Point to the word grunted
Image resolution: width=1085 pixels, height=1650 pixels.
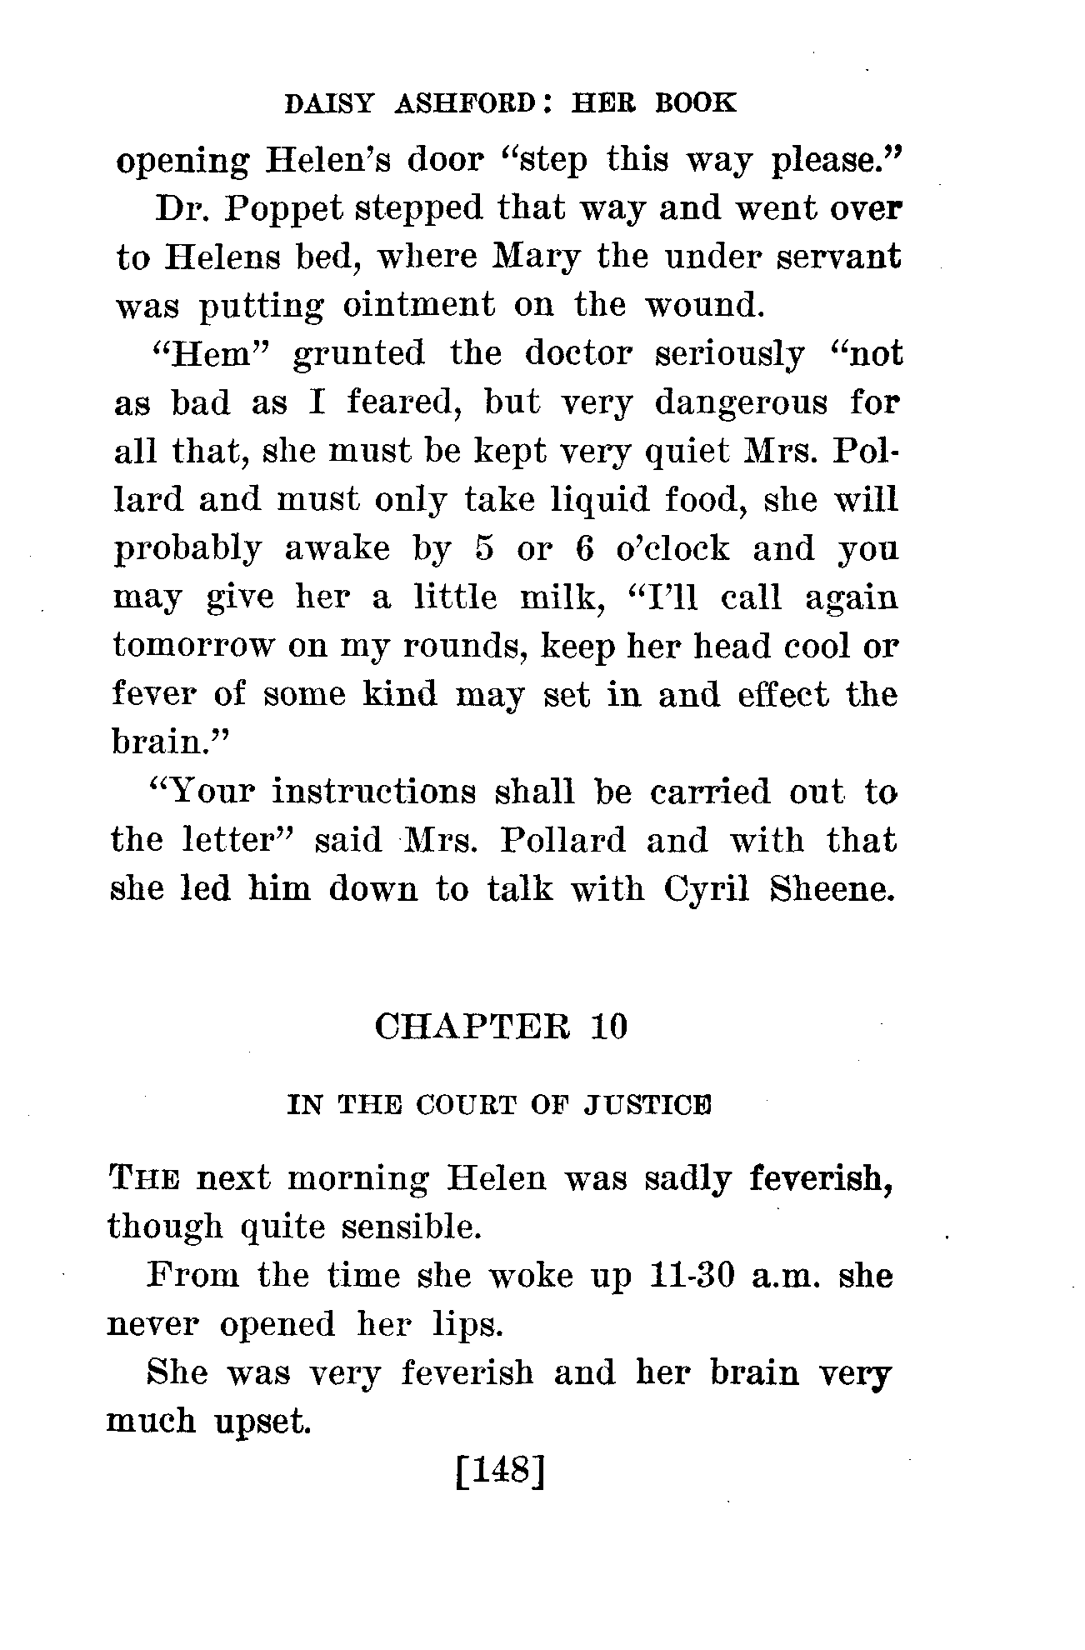(x=359, y=354)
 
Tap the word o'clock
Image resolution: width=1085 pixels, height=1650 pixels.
(x=672, y=549)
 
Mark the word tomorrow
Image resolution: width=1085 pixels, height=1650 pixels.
(x=192, y=647)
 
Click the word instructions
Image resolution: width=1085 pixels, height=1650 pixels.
(x=374, y=791)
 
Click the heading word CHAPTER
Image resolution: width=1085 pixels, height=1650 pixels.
(x=473, y=1027)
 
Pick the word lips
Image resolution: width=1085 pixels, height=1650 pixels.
(x=461, y=1324)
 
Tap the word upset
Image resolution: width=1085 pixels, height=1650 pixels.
(x=262, y=1421)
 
